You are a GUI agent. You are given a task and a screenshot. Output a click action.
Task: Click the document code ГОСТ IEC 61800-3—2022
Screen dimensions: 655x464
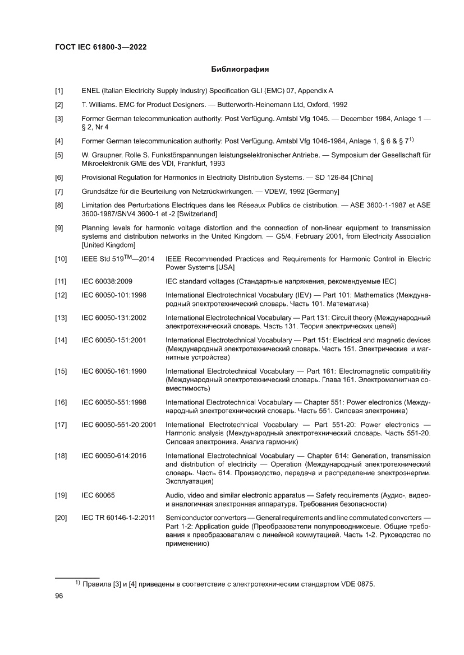point(100,48)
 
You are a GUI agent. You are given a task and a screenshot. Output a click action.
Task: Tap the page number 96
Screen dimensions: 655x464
point(59,596)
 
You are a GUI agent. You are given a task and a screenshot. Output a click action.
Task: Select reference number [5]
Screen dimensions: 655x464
point(59,154)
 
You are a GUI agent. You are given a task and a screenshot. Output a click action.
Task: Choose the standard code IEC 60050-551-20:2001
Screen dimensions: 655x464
point(119,424)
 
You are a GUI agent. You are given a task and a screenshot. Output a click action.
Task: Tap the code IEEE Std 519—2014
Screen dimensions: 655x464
point(118,259)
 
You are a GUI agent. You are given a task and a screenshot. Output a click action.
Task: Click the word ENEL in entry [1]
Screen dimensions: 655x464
point(91,90)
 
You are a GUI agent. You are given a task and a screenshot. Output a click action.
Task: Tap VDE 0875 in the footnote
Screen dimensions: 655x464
point(357,584)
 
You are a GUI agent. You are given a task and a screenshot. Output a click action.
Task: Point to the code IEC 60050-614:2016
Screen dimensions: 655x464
point(114,456)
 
